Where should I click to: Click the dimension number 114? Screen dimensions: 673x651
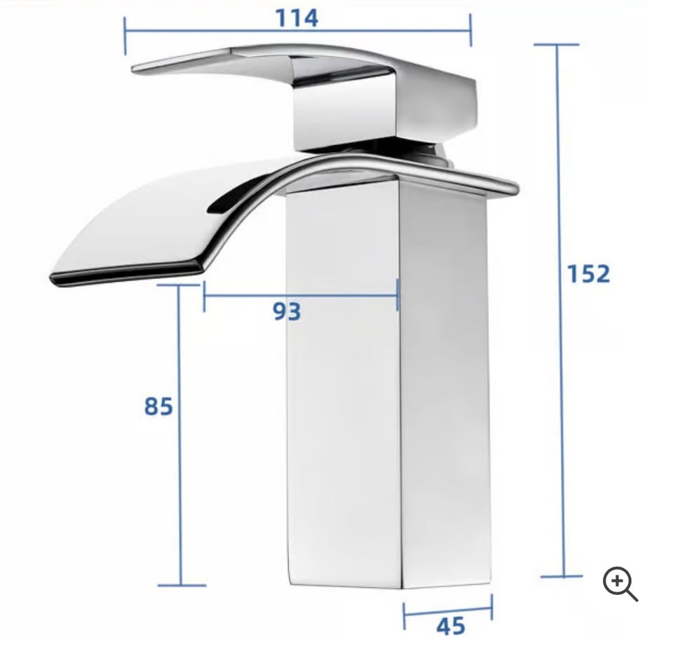click(297, 18)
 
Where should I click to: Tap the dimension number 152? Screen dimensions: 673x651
click(588, 273)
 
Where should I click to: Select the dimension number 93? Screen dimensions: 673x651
click(287, 311)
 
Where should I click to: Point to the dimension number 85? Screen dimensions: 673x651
click(158, 406)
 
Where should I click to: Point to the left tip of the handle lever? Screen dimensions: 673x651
click(134, 69)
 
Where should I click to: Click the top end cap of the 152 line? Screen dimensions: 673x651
click(557, 44)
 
